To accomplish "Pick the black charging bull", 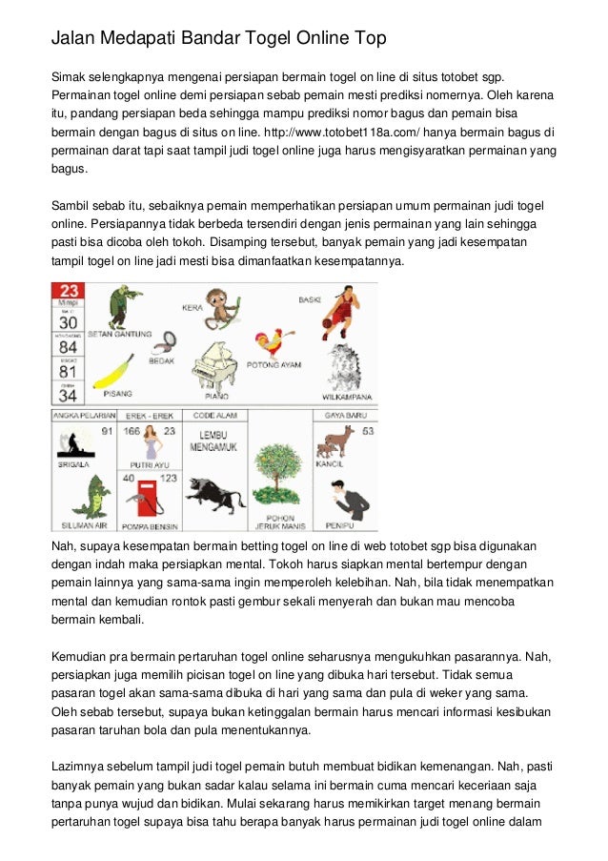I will pyautogui.click(x=214, y=494).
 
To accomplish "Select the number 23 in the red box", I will pyautogui.click(x=70, y=291).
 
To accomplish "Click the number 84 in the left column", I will pyautogui.click(x=69, y=346).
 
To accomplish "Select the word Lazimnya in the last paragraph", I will pyautogui.click(x=82, y=766).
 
